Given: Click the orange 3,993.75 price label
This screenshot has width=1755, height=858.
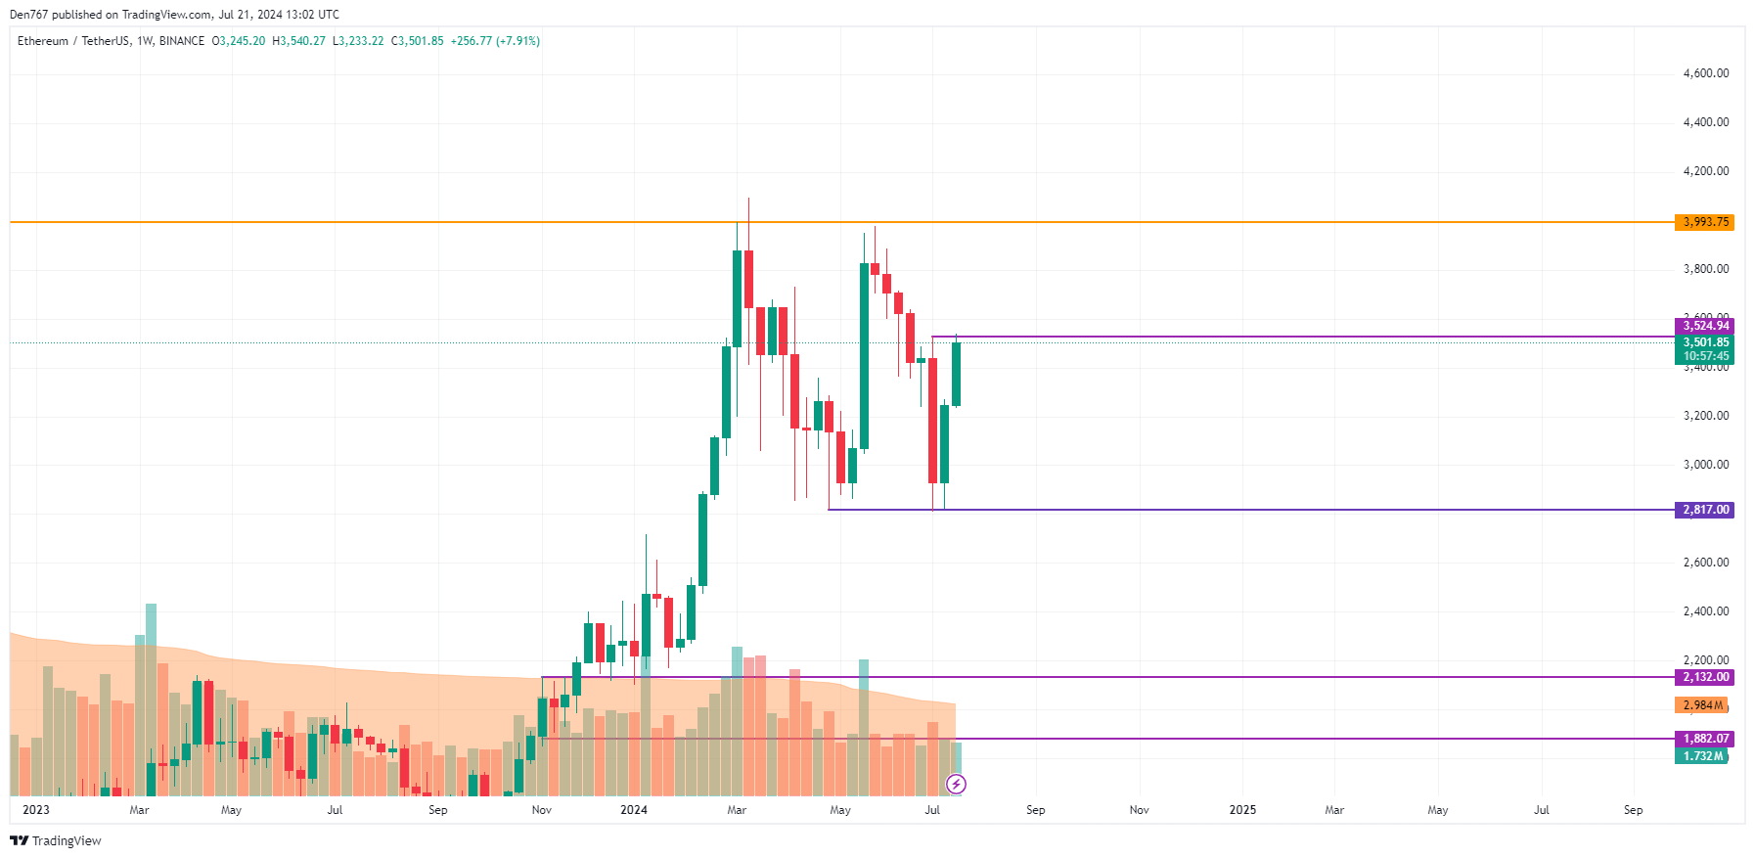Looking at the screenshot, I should pos(1705,222).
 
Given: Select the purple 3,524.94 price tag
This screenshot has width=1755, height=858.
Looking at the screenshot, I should pos(1705,326).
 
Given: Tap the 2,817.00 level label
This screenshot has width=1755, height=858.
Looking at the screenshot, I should pos(1705,510).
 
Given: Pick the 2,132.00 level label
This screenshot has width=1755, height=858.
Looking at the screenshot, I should pos(1705,677).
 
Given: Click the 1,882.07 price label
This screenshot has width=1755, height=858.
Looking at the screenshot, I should pos(1705,739).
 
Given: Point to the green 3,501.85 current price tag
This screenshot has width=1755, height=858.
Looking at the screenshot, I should pos(1705,342).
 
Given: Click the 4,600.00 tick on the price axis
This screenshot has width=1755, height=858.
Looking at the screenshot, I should pos(1705,73).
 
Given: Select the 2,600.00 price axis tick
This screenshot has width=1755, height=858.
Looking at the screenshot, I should pos(1705,563).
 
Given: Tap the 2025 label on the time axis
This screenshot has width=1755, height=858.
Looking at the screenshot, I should pos(1242,810).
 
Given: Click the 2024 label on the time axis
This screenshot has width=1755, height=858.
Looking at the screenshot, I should pos(634,810).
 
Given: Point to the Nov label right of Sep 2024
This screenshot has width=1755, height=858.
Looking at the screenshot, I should pos(1139,810).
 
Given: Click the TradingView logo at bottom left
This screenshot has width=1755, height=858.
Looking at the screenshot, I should pos(56,841).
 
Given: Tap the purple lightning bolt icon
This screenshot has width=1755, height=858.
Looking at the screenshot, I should pos(957,784).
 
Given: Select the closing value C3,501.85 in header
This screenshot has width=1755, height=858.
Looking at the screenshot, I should pos(418,41).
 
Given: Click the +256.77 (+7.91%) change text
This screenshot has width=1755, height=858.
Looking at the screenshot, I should pos(495,41).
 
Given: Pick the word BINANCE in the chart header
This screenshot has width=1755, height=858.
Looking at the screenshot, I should pos(182,41).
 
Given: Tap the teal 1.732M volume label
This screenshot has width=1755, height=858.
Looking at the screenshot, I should pos(1702,756).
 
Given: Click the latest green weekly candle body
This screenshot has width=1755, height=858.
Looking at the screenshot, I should pos(956,374).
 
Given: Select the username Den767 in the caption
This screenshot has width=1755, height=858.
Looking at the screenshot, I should pos(28,15).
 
